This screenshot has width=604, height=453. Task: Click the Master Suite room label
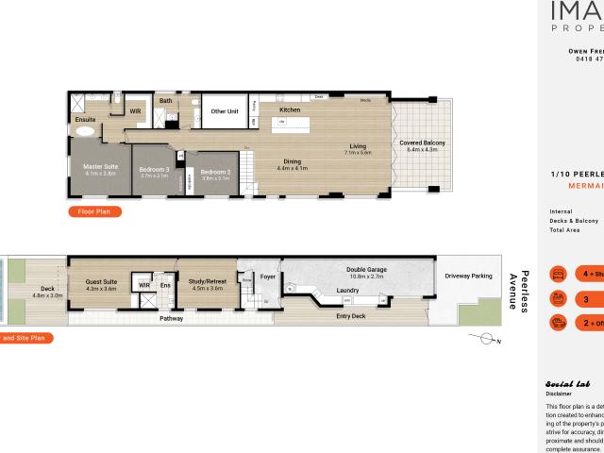tap(100, 166)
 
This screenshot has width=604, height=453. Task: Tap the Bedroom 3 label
tap(155, 169)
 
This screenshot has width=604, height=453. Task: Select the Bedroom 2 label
tap(215, 172)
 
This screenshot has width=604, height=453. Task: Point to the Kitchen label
tap(290, 110)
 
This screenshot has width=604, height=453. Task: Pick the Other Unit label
tap(225, 111)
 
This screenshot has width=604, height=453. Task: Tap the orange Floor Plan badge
tap(94, 212)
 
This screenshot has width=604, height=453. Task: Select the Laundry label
tap(344, 291)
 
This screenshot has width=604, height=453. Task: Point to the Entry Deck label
tap(351, 316)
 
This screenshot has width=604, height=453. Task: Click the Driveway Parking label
tap(469, 276)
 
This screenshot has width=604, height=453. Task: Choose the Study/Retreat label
tap(207, 280)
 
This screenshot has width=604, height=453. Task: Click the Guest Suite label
tap(101, 281)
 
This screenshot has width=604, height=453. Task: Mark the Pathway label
tap(171, 318)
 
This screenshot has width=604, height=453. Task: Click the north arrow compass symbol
tap(486, 338)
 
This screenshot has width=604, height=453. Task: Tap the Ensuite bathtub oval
tap(85, 133)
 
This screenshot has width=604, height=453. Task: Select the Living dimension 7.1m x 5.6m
tap(358, 152)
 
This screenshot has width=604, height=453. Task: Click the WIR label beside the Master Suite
tap(135, 110)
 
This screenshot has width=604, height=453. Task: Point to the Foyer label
tap(267, 277)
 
